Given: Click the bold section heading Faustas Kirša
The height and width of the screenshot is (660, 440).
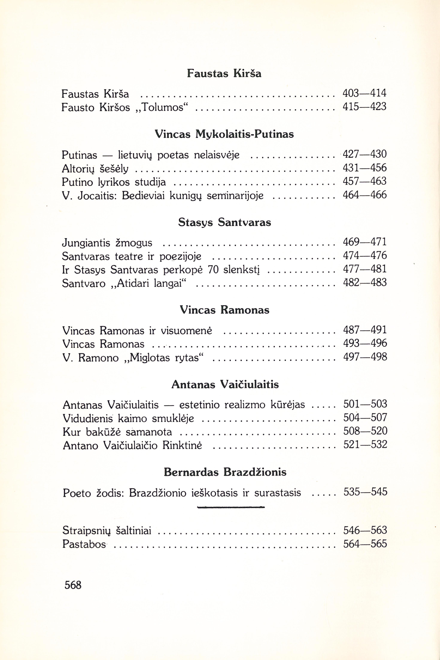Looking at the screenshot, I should pos(224,73).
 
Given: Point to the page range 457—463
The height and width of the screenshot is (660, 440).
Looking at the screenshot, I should pos(365,181).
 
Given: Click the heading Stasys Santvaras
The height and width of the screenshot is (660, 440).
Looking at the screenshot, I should pos(225,222).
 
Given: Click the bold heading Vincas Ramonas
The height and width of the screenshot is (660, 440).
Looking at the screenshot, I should pos(225,310).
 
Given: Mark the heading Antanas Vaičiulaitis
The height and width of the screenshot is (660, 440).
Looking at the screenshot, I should pos(225,384).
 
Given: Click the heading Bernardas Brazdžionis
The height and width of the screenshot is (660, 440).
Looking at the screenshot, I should pos(225,472).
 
